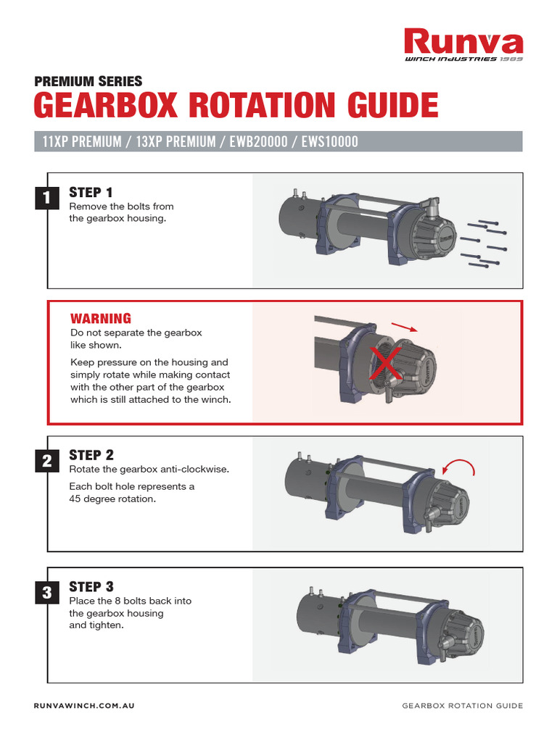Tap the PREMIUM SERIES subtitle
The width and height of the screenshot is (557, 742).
(88, 82)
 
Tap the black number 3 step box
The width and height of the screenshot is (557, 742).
(46, 593)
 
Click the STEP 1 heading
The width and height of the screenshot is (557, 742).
(91, 193)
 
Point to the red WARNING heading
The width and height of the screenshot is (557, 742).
(100, 319)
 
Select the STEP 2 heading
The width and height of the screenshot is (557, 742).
(91, 455)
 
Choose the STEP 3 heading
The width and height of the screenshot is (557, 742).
(91, 586)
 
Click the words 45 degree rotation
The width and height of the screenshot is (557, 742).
(112, 499)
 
